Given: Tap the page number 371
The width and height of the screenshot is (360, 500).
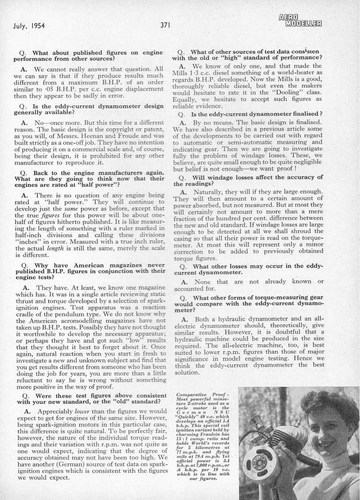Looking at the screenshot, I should (x=165, y=25).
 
